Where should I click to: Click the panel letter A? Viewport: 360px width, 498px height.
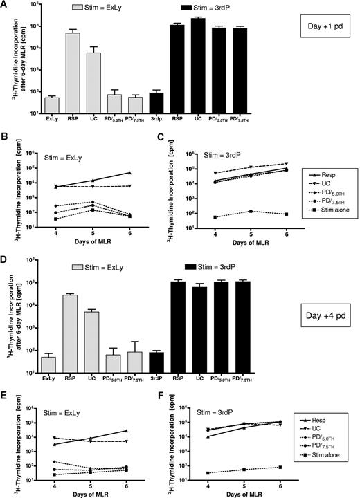5,6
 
